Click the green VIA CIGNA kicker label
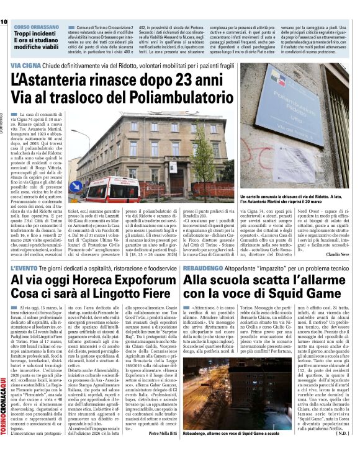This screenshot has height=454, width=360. click(25, 65)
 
